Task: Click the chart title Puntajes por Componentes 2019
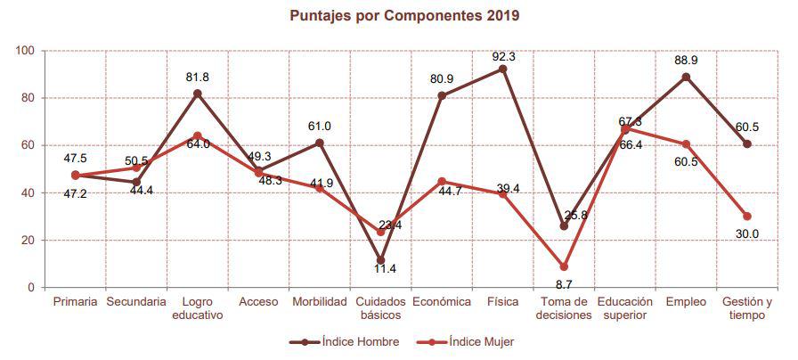pos(404,15)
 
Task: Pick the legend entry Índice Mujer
pos(482,341)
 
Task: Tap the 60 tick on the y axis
pos(27,145)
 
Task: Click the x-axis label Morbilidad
pos(319,302)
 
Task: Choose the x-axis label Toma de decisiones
pos(563,308)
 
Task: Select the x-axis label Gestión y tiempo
pos(746,308)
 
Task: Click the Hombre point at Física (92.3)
pos(503,69)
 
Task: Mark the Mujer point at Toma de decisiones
pos(564,266)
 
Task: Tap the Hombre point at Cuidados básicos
pos(380,260)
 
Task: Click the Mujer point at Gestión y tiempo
pos(746,217)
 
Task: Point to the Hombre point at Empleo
pos(686,77)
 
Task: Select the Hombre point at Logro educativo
pos(198,94)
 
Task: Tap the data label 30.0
pos(746,233)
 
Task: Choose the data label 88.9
pos(686,60)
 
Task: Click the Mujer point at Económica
pos(442,182)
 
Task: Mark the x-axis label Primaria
pos(75,302)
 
